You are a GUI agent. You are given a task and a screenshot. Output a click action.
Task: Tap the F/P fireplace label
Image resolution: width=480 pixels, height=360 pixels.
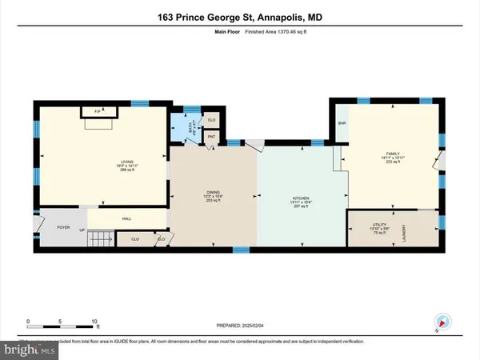[x=97, y=112]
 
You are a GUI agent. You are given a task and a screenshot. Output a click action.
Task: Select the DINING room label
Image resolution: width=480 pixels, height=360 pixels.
[x=213, y=192]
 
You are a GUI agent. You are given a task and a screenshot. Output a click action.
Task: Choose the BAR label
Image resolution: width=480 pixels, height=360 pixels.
[x=342, y=123]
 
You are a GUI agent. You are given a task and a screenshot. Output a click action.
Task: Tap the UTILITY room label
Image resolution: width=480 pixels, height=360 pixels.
[x=380, y=224]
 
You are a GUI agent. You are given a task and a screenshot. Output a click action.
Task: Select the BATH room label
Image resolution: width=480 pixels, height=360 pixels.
[x=179, y=126]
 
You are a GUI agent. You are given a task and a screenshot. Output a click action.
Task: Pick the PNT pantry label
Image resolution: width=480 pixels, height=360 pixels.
[x=211, y=138]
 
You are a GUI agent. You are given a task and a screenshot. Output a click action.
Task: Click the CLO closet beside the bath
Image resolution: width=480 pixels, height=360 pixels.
[x=211, y=120]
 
